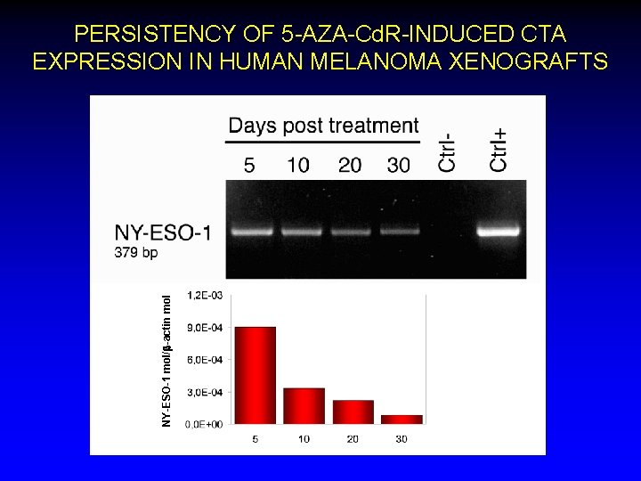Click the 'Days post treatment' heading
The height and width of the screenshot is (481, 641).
[x=323, y=126]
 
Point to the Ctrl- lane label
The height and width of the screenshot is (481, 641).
[x=449, y=151]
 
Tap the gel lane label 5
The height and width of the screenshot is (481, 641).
[x=249, y=166]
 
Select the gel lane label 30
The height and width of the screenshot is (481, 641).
[x=398, y=166]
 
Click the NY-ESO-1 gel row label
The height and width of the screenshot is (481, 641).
[x=163, y=233]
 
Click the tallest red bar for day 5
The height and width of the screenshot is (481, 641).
[x=255, y=375]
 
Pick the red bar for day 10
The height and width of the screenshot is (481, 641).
[x=304, y=405]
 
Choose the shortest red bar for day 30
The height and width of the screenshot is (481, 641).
[x=401, y=420]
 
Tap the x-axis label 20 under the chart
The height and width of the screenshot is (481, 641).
[x=353, y=438]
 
